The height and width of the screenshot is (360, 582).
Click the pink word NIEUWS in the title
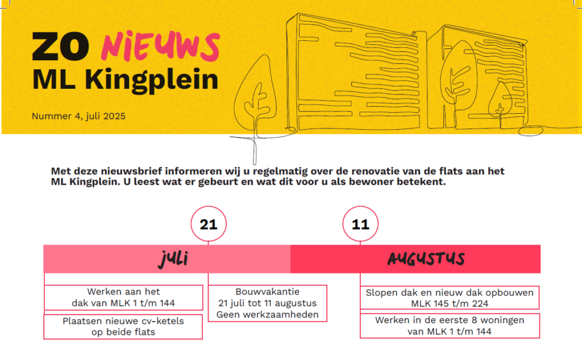tap(160, 46)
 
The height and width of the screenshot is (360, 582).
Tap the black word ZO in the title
tap(60, 47)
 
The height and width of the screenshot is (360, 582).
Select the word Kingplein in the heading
tap(151, 80)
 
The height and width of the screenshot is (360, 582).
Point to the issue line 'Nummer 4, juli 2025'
tap(78, 116)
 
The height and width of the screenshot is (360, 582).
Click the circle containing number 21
tap(209, 224)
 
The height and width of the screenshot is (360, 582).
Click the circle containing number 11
tap(360, 224)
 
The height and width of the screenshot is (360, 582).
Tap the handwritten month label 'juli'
tap(174, 259)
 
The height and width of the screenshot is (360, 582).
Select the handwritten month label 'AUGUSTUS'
tap(426, 259)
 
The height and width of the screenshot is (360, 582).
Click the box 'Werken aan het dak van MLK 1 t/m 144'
tap(123, 297)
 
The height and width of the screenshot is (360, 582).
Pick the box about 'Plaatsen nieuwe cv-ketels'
tap(123, 326)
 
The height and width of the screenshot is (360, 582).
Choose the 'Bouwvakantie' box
tap(268, 303)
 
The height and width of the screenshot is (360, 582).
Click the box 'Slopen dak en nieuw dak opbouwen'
tap(450, 297)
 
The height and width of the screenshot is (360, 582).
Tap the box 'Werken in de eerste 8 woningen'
tap(450, 326)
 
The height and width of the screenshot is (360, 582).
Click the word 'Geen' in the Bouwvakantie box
tap(227, 315)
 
